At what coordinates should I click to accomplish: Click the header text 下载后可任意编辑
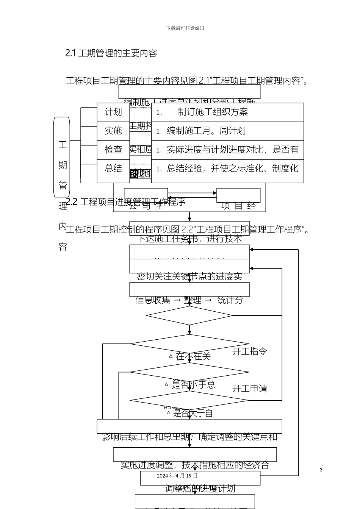click(x=185, y=28)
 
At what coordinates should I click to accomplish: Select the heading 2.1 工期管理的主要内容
click(x=111, y=53)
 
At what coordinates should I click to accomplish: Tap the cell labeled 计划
click(x=113, y=112)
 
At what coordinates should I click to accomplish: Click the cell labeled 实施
click(x=113, y=131)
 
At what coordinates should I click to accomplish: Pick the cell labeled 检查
click(x=113, y=150)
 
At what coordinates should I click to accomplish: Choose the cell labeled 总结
click(x=113, y=169)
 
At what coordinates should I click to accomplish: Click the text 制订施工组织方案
click(x=213, y=112)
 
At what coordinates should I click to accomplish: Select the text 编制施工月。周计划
click(x=206, y=131)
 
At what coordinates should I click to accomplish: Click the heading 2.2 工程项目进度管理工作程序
click(x=125, y=202)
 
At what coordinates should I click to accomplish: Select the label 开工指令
click(x=249, y=351)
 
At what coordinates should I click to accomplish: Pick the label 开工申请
click(x=249, y=388)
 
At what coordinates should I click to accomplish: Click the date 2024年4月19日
click(x=177, y=476)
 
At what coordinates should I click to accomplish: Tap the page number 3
click(x=321, y=470)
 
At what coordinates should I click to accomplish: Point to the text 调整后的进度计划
click(x=200, y=489)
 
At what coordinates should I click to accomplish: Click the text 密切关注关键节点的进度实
click(x=189, y=277)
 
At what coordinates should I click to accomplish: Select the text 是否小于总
click(x=193, y=385)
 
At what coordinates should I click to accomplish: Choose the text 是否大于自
click(x=193, y=413)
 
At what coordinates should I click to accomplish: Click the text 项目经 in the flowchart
click(x=238, y=206)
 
